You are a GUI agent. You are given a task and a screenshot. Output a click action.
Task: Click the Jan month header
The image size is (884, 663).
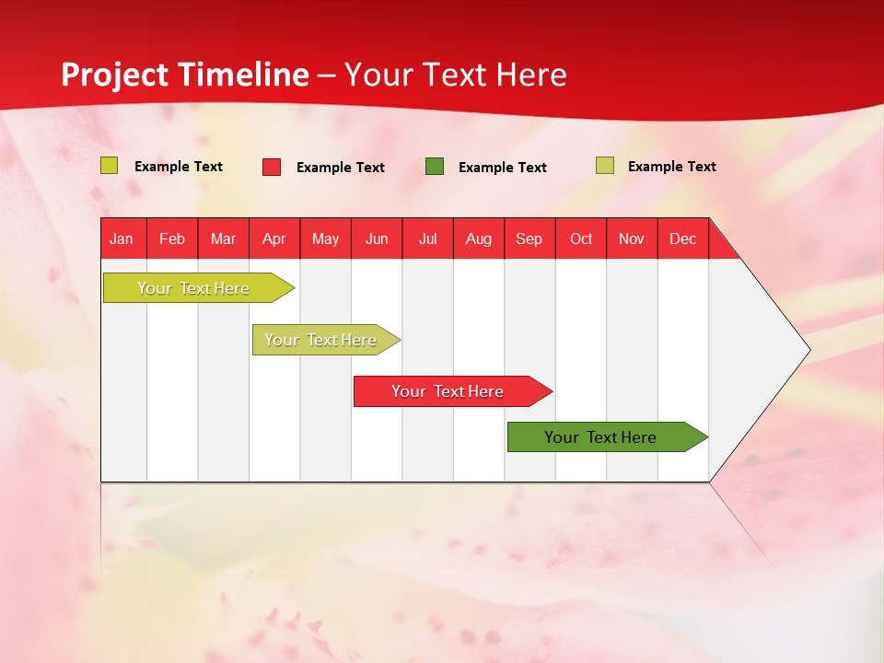tap(122, 238)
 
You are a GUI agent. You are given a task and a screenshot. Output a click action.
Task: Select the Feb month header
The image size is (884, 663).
tap(172, 238)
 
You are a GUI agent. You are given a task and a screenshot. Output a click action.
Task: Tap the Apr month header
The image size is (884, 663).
tap(273, 238)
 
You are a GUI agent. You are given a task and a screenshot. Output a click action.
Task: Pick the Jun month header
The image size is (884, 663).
tap(377, 238)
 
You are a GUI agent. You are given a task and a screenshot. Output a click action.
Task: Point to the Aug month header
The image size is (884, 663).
tap(478, 238)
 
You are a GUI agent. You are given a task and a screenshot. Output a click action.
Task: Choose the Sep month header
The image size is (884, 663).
tap(529, 238)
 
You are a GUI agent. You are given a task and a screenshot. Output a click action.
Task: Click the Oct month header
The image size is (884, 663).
tap(581, 238)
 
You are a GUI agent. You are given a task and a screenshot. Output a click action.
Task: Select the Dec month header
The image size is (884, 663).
tap(682, 238)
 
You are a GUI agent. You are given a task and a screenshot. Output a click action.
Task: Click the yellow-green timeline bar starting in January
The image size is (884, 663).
tap(193, 288)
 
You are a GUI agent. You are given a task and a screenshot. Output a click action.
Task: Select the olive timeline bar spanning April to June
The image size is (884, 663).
tap(320, 340)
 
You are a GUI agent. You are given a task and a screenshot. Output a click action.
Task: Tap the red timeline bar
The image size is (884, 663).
tap(448, 391)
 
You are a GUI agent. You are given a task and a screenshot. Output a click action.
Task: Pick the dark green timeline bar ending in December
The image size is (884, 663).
tap(600, 437)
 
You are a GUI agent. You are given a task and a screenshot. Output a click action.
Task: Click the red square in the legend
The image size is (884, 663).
tap(272, 167)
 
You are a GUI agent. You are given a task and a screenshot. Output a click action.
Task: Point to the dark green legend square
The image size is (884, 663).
tap(435, 167)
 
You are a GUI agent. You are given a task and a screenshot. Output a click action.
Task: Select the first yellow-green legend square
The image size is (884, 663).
tap(110, 166)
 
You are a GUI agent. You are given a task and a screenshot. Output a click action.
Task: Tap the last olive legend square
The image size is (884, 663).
tap(605, 166)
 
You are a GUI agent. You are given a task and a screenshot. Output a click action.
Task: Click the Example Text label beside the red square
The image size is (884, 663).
tap(341, 168)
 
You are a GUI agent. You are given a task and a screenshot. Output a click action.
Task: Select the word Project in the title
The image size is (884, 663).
tap(115, 76)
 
